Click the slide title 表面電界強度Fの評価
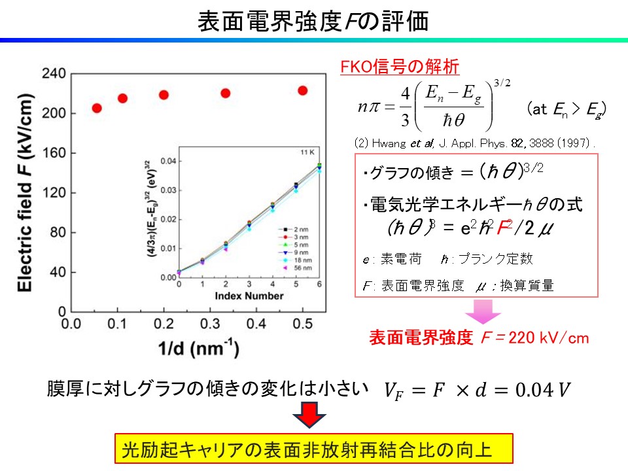point(313,21)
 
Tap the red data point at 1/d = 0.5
point(302,90)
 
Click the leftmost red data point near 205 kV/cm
point(97,108)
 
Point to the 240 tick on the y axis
point(54,74)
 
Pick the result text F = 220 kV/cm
point(534,338)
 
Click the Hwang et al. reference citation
point(475,142)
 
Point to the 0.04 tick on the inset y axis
point(168,161)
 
